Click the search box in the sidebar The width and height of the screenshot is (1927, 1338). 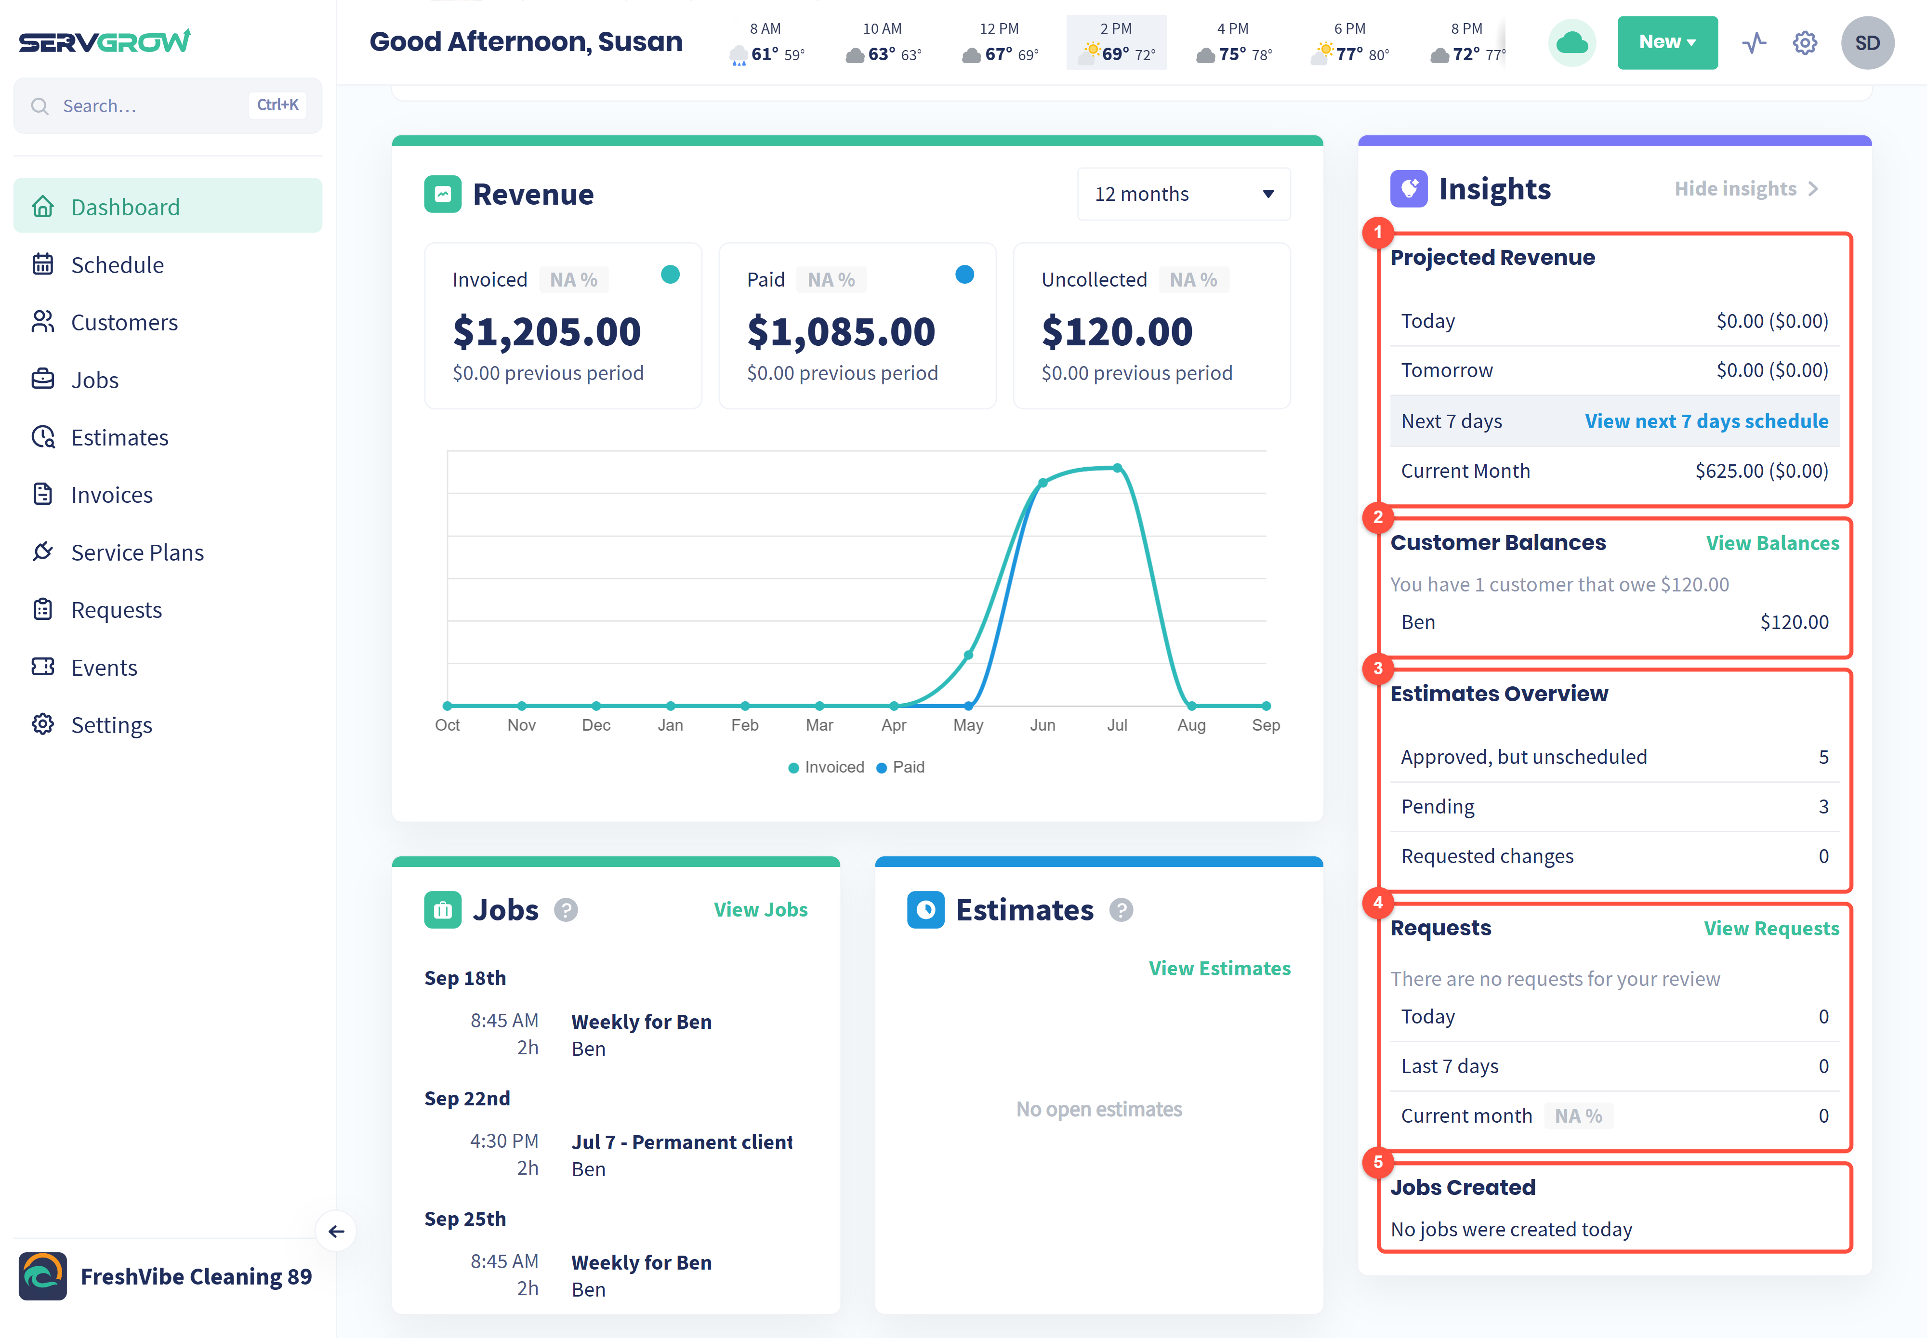pyautogui.click(x=168, y=105)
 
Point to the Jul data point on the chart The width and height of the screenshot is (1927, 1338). pyautogui.click(x=1118, y=468)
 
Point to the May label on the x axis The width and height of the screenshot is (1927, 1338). pyautogui.click(x=968, y=725)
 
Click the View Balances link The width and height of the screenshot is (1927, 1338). pyautogui.click(x=1773, y=543)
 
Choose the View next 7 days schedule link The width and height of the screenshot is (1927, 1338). pyautogui.click(x=1706, y=422)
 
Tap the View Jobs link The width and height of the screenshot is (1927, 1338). pyautogui.click(x=761, y=910)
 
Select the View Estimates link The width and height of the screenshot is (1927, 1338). pyautogui.click(x=1219, y=968)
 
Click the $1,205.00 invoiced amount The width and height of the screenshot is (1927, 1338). pyautogui.click(x=547, y=332)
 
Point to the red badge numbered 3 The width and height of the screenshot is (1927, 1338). pyautogui.click(x=1378, y=668)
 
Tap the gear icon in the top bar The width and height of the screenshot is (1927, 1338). pyautogui.click(x=1805, y=43)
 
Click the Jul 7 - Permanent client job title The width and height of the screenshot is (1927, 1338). pyautogui.click(x=682, y=1142)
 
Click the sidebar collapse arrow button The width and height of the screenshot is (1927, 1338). pyautogui.click(x=336, y=1232)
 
